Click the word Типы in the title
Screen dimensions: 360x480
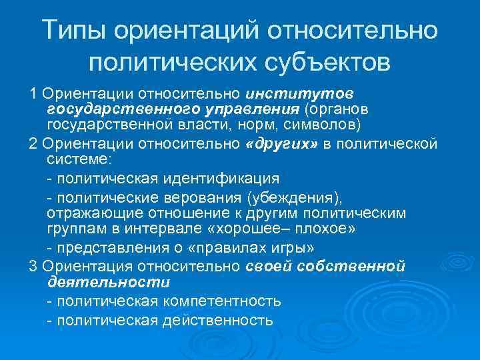coord(74,30)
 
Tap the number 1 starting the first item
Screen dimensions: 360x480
coord(33,91)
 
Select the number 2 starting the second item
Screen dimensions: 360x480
coord(33,143)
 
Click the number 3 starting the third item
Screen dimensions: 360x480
coord(33,265)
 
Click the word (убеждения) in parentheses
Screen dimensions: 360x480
coord(293,197)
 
